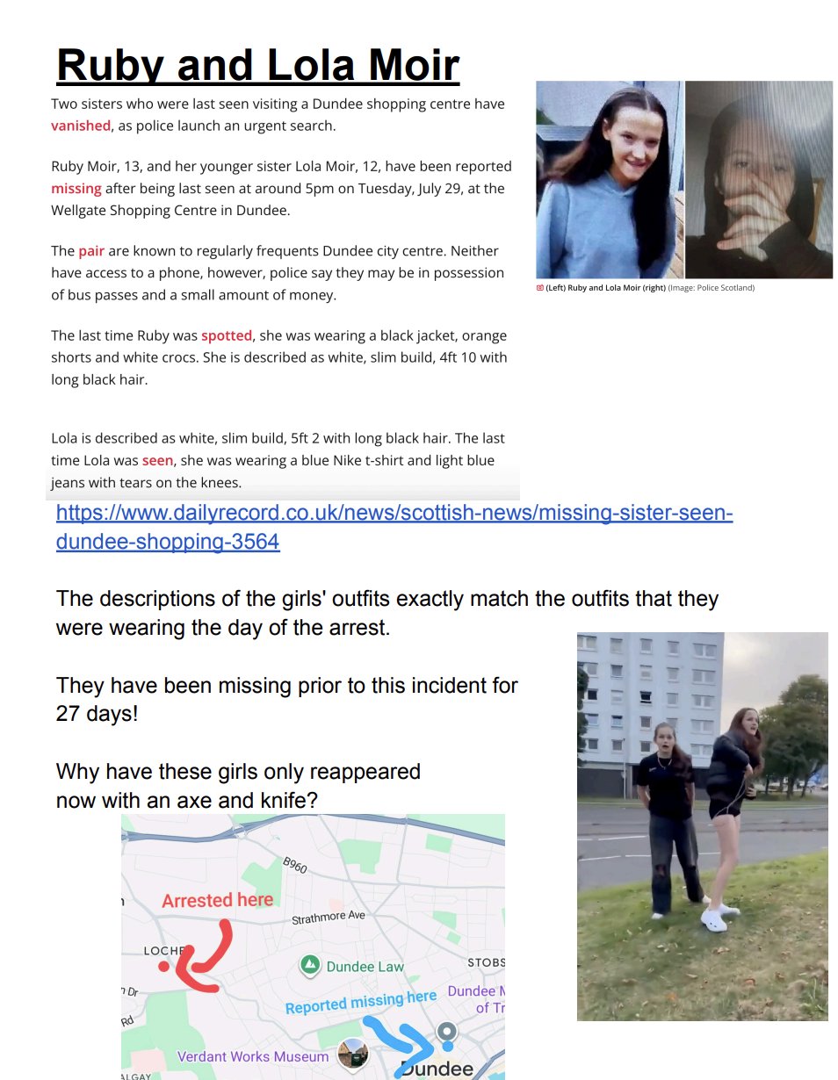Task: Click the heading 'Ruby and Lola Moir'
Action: pyautogui.click(x=257, y=65)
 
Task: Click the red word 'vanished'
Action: pyautogui.click(x=81, y=126)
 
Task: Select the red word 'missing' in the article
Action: pyautogui.click(x=76, y=188)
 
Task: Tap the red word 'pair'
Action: pyautogui.click(x=91, y=251)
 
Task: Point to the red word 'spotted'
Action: pyautogui.click(x=227, y=335)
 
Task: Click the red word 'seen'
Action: pyautogui.click(x=159, y=460)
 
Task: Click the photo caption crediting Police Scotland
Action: pyautogui.click(x=646, y=288)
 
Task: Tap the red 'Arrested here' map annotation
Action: pyautogui.click(x=217, y=900)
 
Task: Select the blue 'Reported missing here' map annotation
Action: pyautogui.click(x=360, y=1002)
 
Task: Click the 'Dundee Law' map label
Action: pyautogui.click(x=365, y=967)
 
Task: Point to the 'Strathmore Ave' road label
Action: pyautogui.click(x=328, y=918)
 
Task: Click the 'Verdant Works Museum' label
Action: pyautogui.click(x=253, y=1056)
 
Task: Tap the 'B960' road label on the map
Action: pyautogui.click(x=295, y=866)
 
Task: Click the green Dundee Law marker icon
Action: pyautogui.click(x=309, y=966)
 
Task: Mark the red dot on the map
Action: pyautogui.click(x=163, y=967)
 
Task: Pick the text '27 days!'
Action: pyautogui.click(x=97, y=714)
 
